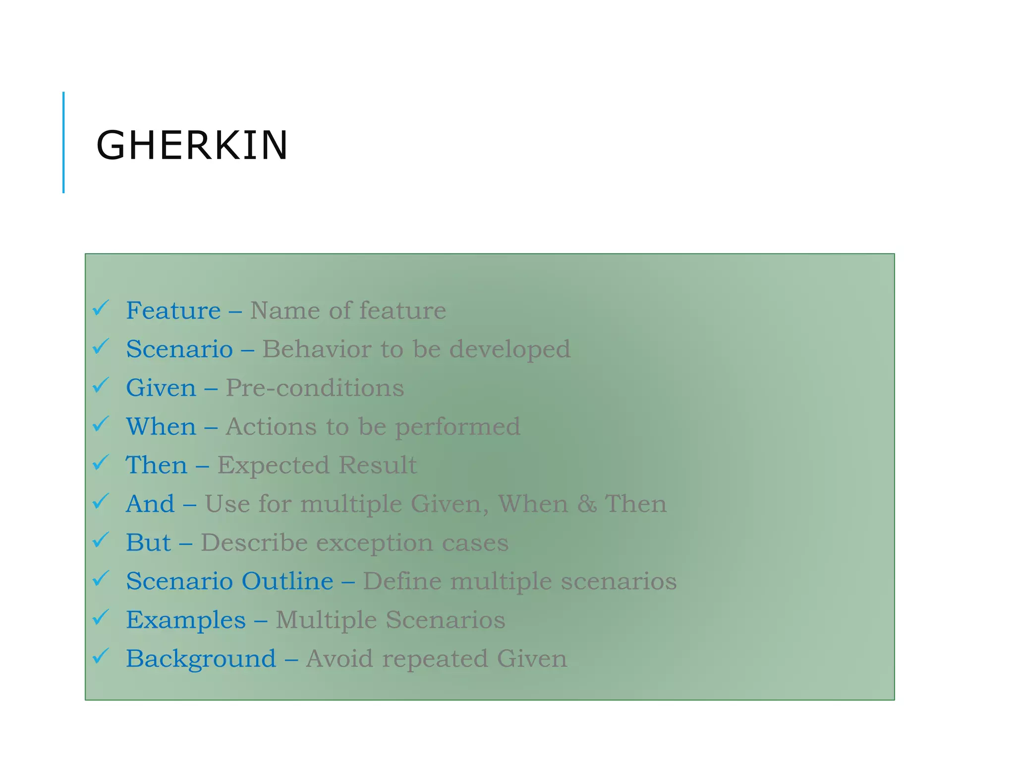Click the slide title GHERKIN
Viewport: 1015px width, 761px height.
click(x=192, y=145)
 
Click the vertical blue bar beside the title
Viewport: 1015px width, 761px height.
click(x=63, y=142)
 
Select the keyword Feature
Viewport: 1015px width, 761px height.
click(x=173, y=311)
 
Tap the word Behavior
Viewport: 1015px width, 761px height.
click(x=317, y=349)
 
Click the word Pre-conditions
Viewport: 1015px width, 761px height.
click(x=315, y=387)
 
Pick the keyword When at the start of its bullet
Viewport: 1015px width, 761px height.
click(x=161, y=426)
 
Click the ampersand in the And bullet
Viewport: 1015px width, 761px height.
click(x=587, y=504)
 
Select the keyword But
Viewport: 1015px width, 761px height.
click(x=148, y=543)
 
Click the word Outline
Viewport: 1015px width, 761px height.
click(x=287, y=581)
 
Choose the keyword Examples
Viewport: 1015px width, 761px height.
click(x=186, y=620)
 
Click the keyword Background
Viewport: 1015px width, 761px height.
click(x=201, y=658)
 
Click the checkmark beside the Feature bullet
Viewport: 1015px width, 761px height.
click(x=101, y=308)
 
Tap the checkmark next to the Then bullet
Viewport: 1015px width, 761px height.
click(x=101, y=463)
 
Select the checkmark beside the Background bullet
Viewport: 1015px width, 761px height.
click(x=101, y=656)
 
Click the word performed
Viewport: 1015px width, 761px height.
click(x=457, y=427)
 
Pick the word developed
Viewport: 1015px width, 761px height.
click(x=510, y=349)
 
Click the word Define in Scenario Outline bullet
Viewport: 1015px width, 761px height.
click(x=402, y=581)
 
